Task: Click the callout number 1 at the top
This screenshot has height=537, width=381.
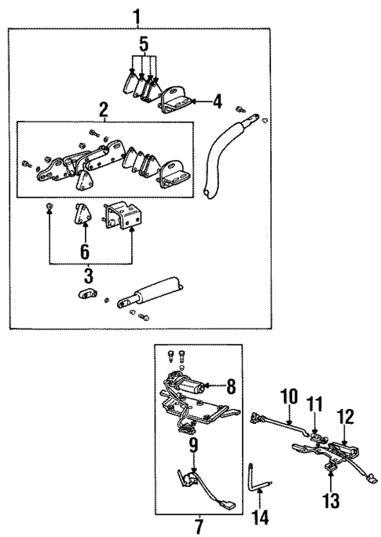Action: click(x=139, y=14)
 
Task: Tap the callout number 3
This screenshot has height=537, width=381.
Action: click(x=88, y=276)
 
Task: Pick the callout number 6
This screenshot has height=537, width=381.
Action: click(x=84, y=251)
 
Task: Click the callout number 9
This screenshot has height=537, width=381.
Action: click(x=192, y=447)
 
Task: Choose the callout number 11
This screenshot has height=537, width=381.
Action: click(x=314, y=404)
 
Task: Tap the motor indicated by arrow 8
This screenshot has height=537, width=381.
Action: click(x=189, y=386)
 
